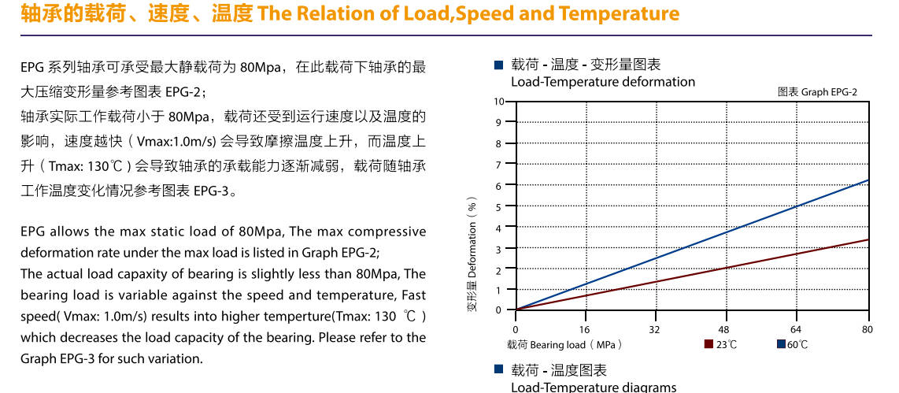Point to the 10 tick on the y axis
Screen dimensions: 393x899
[x=498, y=102]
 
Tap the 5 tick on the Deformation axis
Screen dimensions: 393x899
[x=498, y=206]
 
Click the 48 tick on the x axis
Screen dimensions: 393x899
[x=724, y=329]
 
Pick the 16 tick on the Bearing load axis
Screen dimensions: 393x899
[x=585, y=329]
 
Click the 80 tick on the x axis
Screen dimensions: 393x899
[x=867, y=329]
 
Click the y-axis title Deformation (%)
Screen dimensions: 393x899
[x=472, y=254]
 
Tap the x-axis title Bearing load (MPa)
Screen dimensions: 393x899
[x=564, y=345]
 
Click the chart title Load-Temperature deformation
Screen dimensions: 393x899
[x=603, y=82]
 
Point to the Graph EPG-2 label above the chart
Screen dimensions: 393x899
[x=817, y=92]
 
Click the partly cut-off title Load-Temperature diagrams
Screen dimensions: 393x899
[x=593, y=387]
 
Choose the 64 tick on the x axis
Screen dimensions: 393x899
[x=796, y=329]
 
